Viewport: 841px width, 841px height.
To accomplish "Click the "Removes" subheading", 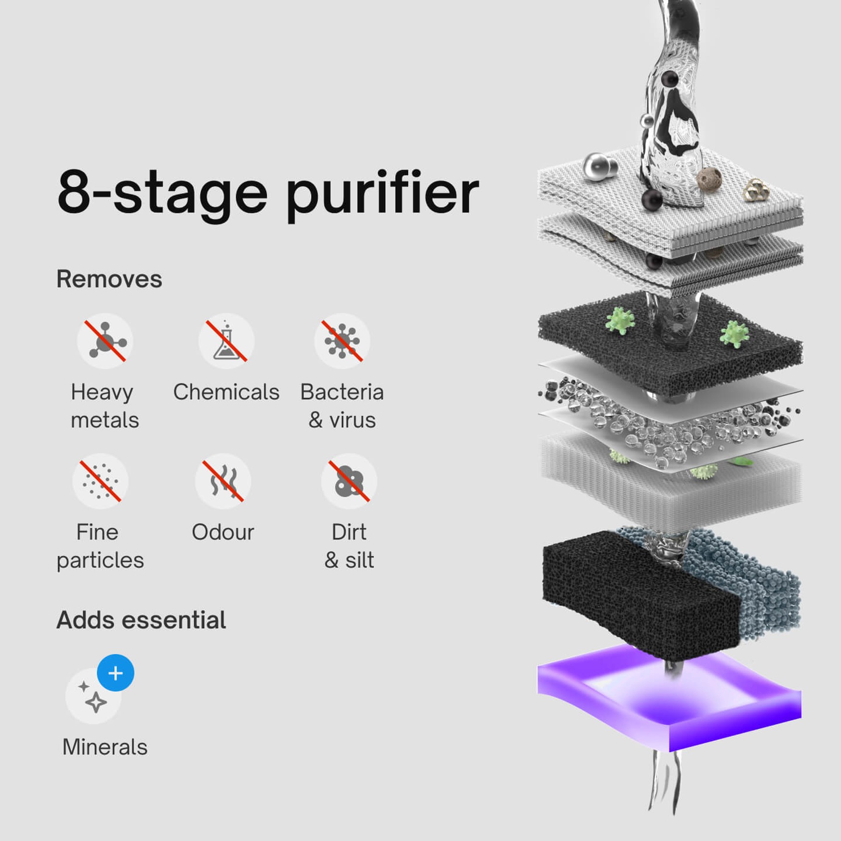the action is [x=109, y=279].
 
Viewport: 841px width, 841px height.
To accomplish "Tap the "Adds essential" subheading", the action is [x=141, y=620].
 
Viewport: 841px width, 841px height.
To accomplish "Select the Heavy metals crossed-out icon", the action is [x=105, y=341].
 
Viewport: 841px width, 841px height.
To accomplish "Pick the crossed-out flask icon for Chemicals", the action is [x=226, y=341].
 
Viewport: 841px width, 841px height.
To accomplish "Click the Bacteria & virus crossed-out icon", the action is [x=342, y=341].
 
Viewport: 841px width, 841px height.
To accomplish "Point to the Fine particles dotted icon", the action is [x=100, y=481].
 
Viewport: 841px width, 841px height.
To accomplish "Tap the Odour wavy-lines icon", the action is [x=223, y=481].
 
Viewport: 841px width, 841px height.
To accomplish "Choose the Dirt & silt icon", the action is [x=349, y=481].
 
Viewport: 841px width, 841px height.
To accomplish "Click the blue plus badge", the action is [x=116, y=673].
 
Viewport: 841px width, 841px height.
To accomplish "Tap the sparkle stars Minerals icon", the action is [x=93, y=696].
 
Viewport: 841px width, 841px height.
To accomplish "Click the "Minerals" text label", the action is [x=105, y=747].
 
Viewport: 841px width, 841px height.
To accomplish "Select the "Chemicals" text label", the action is [x=226, y=392].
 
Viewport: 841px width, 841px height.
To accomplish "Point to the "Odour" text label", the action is [x=223, y=532].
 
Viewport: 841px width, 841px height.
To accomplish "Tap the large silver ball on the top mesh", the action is [x=597, y=167].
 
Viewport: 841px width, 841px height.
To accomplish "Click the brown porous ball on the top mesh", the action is [x=709, y=179].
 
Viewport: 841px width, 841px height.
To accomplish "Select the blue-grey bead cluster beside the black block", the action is [x=742, y=583].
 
